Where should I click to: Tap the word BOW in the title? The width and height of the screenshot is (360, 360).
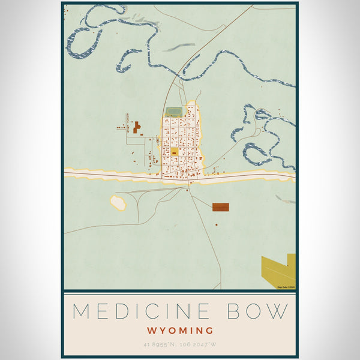(259, 311)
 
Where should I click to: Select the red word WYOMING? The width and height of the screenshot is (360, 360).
(180, 331)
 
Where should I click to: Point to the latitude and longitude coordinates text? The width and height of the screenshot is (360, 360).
(180, 345)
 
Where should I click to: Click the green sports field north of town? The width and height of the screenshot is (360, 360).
(174, 112)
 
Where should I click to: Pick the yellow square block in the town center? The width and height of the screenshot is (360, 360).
(175, 152)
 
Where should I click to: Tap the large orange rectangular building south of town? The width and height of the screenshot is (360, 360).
(220, 207)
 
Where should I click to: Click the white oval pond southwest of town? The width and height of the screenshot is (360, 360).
(118, 203)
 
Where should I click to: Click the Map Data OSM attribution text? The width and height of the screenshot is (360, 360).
(286, 287)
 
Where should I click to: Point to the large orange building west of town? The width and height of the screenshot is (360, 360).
(137, 127)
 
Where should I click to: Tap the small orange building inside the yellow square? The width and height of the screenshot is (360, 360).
(175, 153)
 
